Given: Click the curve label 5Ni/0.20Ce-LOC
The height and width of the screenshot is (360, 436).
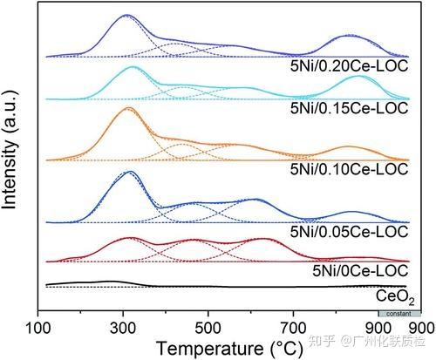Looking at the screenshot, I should click(348, 65).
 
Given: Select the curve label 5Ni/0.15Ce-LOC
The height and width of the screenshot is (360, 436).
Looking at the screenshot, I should click(348, 108).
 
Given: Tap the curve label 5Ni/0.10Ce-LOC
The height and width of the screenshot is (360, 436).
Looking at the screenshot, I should click(348, 167).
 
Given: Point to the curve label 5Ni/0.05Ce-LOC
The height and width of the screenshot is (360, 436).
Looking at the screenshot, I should click(348, 232).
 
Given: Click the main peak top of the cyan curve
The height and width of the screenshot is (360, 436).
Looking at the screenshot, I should click(132, 67).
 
